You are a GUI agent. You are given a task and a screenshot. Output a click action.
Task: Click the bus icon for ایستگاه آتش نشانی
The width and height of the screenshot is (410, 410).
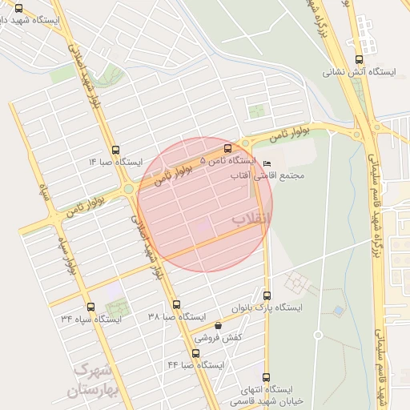pos(357,58)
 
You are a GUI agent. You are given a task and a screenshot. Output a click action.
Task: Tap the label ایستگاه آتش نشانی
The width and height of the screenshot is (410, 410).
pos(360,72)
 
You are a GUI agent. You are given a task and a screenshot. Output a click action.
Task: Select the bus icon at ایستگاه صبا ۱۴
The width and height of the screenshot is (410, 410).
pos(116,150)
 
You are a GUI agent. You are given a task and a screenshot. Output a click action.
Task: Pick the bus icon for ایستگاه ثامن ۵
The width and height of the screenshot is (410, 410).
pos(228,148)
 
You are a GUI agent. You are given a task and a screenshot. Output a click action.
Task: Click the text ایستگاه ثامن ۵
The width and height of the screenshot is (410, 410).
pos(227,161)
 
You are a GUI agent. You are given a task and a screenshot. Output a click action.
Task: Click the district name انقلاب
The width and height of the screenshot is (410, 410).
pos(251,218)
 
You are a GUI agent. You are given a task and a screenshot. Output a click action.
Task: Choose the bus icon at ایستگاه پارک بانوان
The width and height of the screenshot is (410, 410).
pos(267,295)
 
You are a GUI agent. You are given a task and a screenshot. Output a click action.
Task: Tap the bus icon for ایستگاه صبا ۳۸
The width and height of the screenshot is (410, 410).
pos(176,304)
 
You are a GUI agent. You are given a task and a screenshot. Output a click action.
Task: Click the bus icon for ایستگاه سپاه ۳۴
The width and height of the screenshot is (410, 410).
pos(90,306)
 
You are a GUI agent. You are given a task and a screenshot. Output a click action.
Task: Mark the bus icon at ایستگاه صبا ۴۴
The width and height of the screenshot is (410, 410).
pos(196,352)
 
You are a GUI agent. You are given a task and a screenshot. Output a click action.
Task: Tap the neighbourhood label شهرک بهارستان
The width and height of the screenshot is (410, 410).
pos(93,380)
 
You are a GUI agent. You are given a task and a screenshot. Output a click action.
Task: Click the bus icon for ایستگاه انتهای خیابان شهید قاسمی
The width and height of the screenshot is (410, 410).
pos(266,377)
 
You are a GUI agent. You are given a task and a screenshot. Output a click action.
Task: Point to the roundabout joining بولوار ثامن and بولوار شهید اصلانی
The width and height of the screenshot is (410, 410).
pos(128,189)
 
